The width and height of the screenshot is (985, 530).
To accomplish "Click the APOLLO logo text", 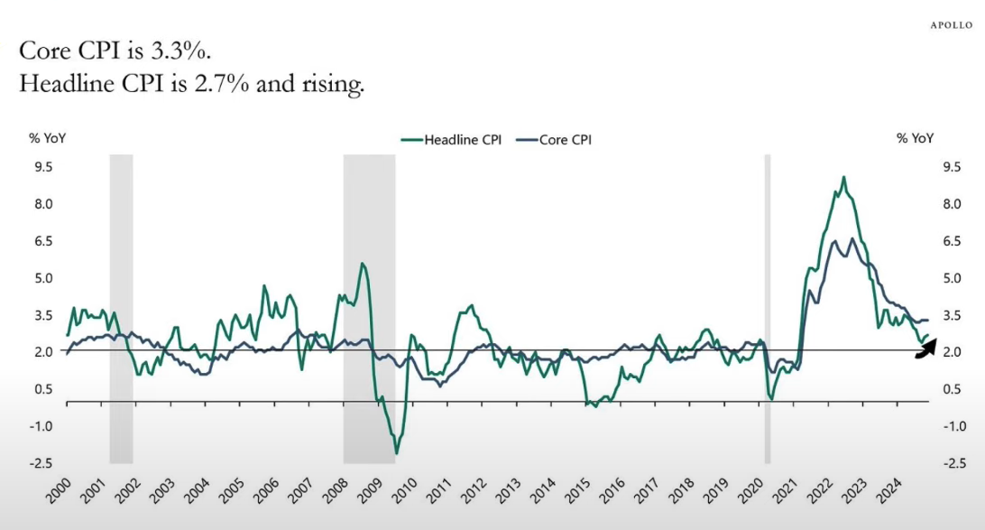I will (951, 25).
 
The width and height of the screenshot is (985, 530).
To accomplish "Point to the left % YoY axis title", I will (48, 138).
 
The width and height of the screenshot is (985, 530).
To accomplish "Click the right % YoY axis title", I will (915, 138).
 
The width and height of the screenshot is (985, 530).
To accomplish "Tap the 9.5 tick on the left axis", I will (43, 167).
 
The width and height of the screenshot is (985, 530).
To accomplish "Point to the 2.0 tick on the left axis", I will (43, 352).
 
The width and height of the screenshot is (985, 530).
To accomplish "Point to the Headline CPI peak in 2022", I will (843, 177).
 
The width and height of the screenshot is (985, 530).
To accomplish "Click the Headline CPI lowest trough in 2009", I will (396, 452).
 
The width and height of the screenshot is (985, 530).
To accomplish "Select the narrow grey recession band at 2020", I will (768, 307).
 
